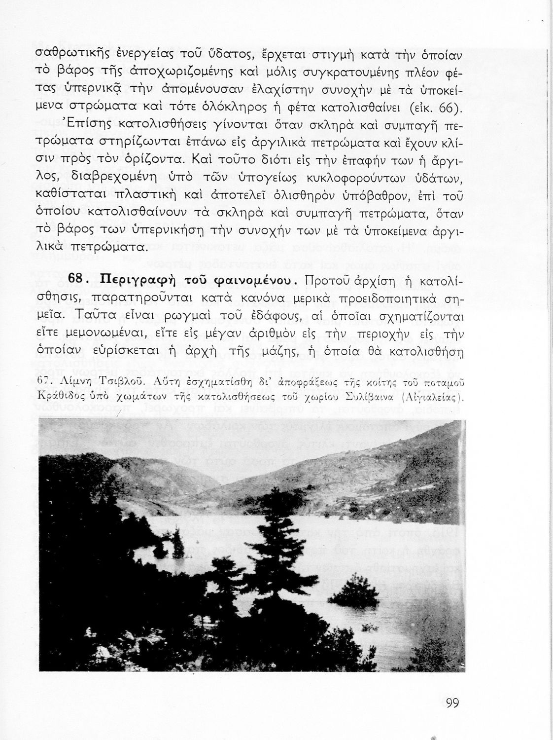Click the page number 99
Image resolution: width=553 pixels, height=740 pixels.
[x=452, y=703]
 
